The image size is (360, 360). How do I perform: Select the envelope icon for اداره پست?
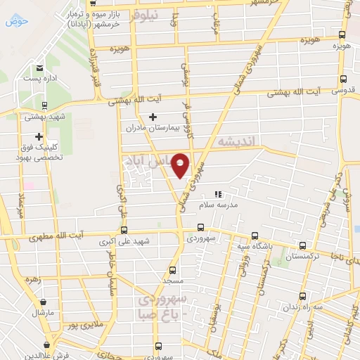(x=40, y=68)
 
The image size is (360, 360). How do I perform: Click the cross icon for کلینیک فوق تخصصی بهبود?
(x=39, y=136)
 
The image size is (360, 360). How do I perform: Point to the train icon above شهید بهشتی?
(x=44, y=105)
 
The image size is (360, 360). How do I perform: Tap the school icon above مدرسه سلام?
(x=217, y=194)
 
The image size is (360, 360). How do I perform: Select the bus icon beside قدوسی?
(x=342, y=79)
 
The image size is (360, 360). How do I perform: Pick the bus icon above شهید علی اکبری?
(x=124, y=229)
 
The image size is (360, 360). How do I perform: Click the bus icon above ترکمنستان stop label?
(x=302, y=246)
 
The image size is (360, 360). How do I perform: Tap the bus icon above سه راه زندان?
(x=303, y=296)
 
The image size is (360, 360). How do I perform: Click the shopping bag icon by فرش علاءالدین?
(x=46, y=345)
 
